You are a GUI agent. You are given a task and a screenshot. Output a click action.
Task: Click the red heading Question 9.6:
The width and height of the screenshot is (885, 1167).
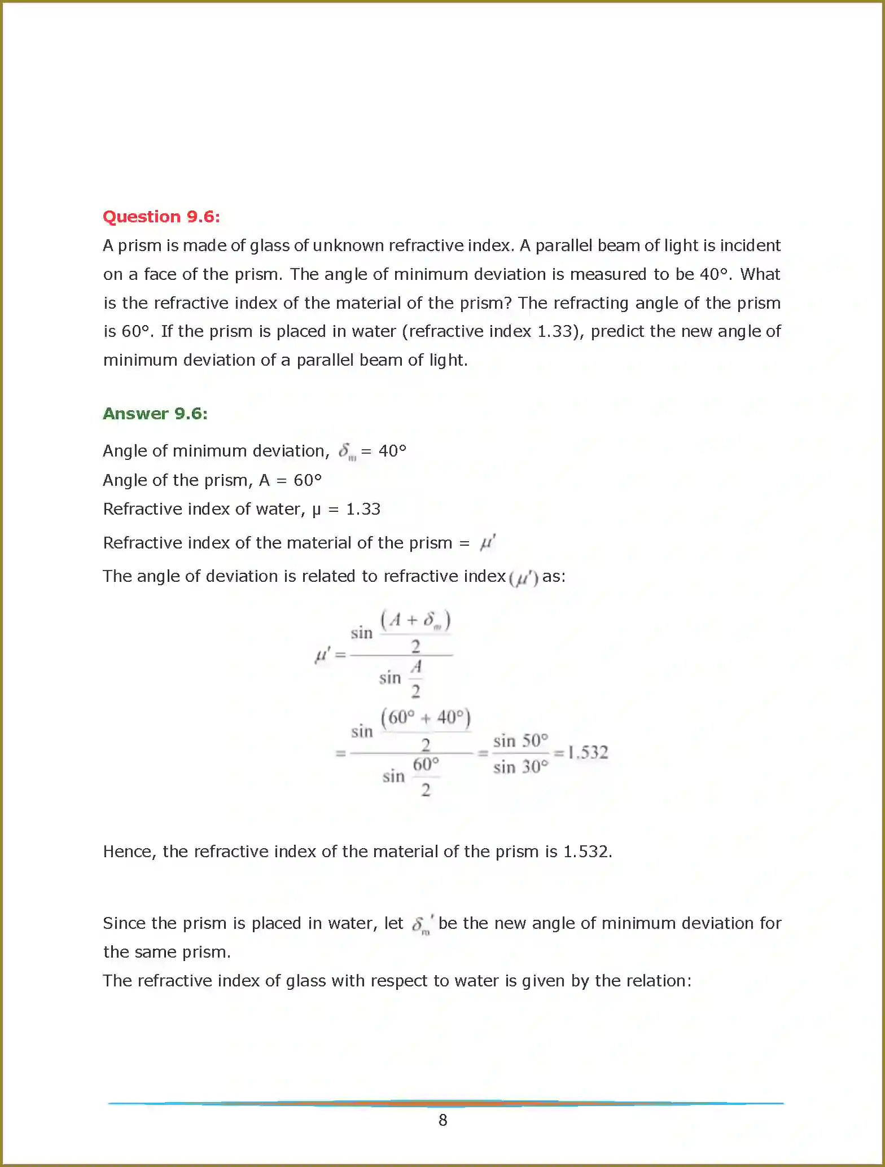(161, 217)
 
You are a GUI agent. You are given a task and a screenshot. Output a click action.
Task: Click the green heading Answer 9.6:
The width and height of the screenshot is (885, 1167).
(155, 414)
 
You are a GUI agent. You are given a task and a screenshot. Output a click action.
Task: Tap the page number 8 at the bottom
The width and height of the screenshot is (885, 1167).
(442, 1120)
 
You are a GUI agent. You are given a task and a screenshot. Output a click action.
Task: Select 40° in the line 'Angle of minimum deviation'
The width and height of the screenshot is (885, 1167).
(392, 451)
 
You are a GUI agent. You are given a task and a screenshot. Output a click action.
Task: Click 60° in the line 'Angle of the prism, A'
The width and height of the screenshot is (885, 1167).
(308, 480)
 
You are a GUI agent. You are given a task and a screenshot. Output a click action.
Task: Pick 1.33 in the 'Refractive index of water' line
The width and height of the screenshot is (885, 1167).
(363, 509)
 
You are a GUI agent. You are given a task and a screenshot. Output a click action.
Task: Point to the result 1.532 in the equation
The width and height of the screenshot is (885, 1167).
(588, 752)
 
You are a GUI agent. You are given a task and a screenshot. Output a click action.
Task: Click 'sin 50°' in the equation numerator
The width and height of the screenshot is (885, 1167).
(520, 740)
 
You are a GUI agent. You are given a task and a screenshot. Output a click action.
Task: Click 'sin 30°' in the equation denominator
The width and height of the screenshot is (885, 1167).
(520, 767)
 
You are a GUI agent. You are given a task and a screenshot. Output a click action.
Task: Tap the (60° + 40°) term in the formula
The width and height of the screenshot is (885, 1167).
(426, 717)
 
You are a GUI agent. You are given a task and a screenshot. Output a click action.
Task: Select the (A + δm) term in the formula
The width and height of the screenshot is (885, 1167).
(415, 620)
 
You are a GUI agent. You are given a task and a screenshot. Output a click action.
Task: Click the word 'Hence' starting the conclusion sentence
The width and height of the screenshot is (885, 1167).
(129, 852)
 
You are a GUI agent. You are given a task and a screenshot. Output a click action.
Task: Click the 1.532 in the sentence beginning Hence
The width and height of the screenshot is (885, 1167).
(587, 852)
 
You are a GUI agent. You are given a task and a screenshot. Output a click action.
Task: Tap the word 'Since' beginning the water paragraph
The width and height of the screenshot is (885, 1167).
(124, 923)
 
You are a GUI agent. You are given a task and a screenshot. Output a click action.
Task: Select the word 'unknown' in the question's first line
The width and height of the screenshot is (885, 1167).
(348, 245)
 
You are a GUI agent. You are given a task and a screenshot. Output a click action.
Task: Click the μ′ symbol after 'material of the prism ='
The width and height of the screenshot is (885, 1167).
(487, 543)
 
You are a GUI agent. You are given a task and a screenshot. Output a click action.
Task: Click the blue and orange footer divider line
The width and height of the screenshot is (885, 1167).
(446, 1103)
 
